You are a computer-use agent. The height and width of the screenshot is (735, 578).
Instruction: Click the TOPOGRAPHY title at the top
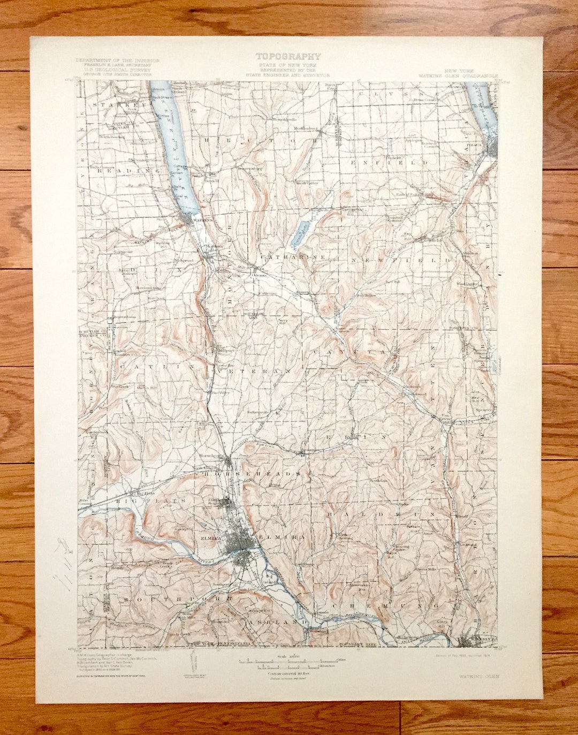(x=288, y=56)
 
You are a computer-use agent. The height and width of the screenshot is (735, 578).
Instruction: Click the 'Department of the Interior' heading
(x=113, y=60)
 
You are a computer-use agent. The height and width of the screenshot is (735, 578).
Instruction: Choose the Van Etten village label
(x=446, y=418)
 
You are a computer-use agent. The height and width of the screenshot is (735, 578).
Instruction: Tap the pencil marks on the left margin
(x=65, y=562)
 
